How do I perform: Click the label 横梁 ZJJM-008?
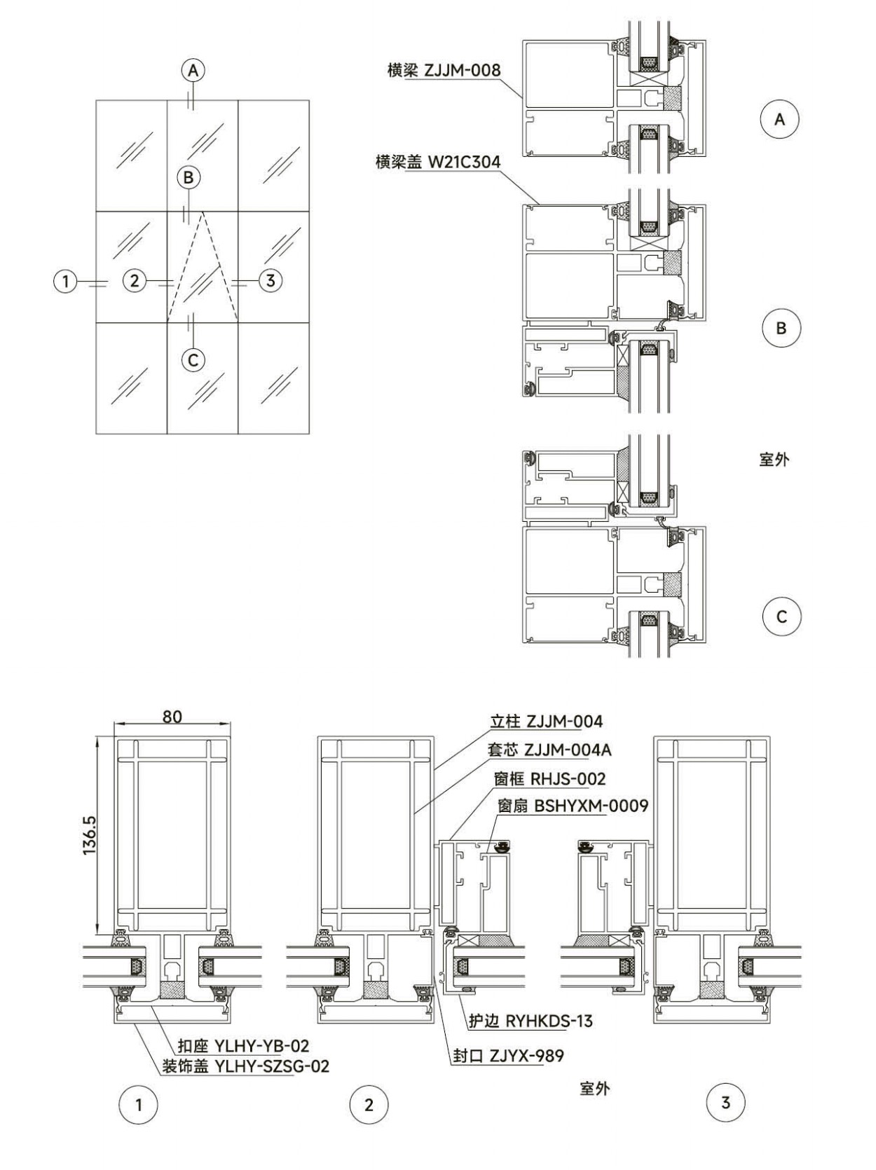444,70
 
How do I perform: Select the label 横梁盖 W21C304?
438,162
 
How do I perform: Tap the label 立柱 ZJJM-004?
546,722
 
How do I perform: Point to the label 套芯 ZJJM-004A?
550,750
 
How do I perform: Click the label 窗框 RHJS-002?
550,779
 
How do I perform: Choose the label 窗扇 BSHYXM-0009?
573,806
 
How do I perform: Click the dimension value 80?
172,717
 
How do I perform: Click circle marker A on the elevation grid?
193,70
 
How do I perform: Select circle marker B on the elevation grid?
189,177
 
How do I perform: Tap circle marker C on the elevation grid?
193,360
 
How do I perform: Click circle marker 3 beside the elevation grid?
271,280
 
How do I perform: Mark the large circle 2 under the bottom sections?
369,1105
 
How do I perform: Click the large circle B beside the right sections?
781,328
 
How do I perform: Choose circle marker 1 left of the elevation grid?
66,281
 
